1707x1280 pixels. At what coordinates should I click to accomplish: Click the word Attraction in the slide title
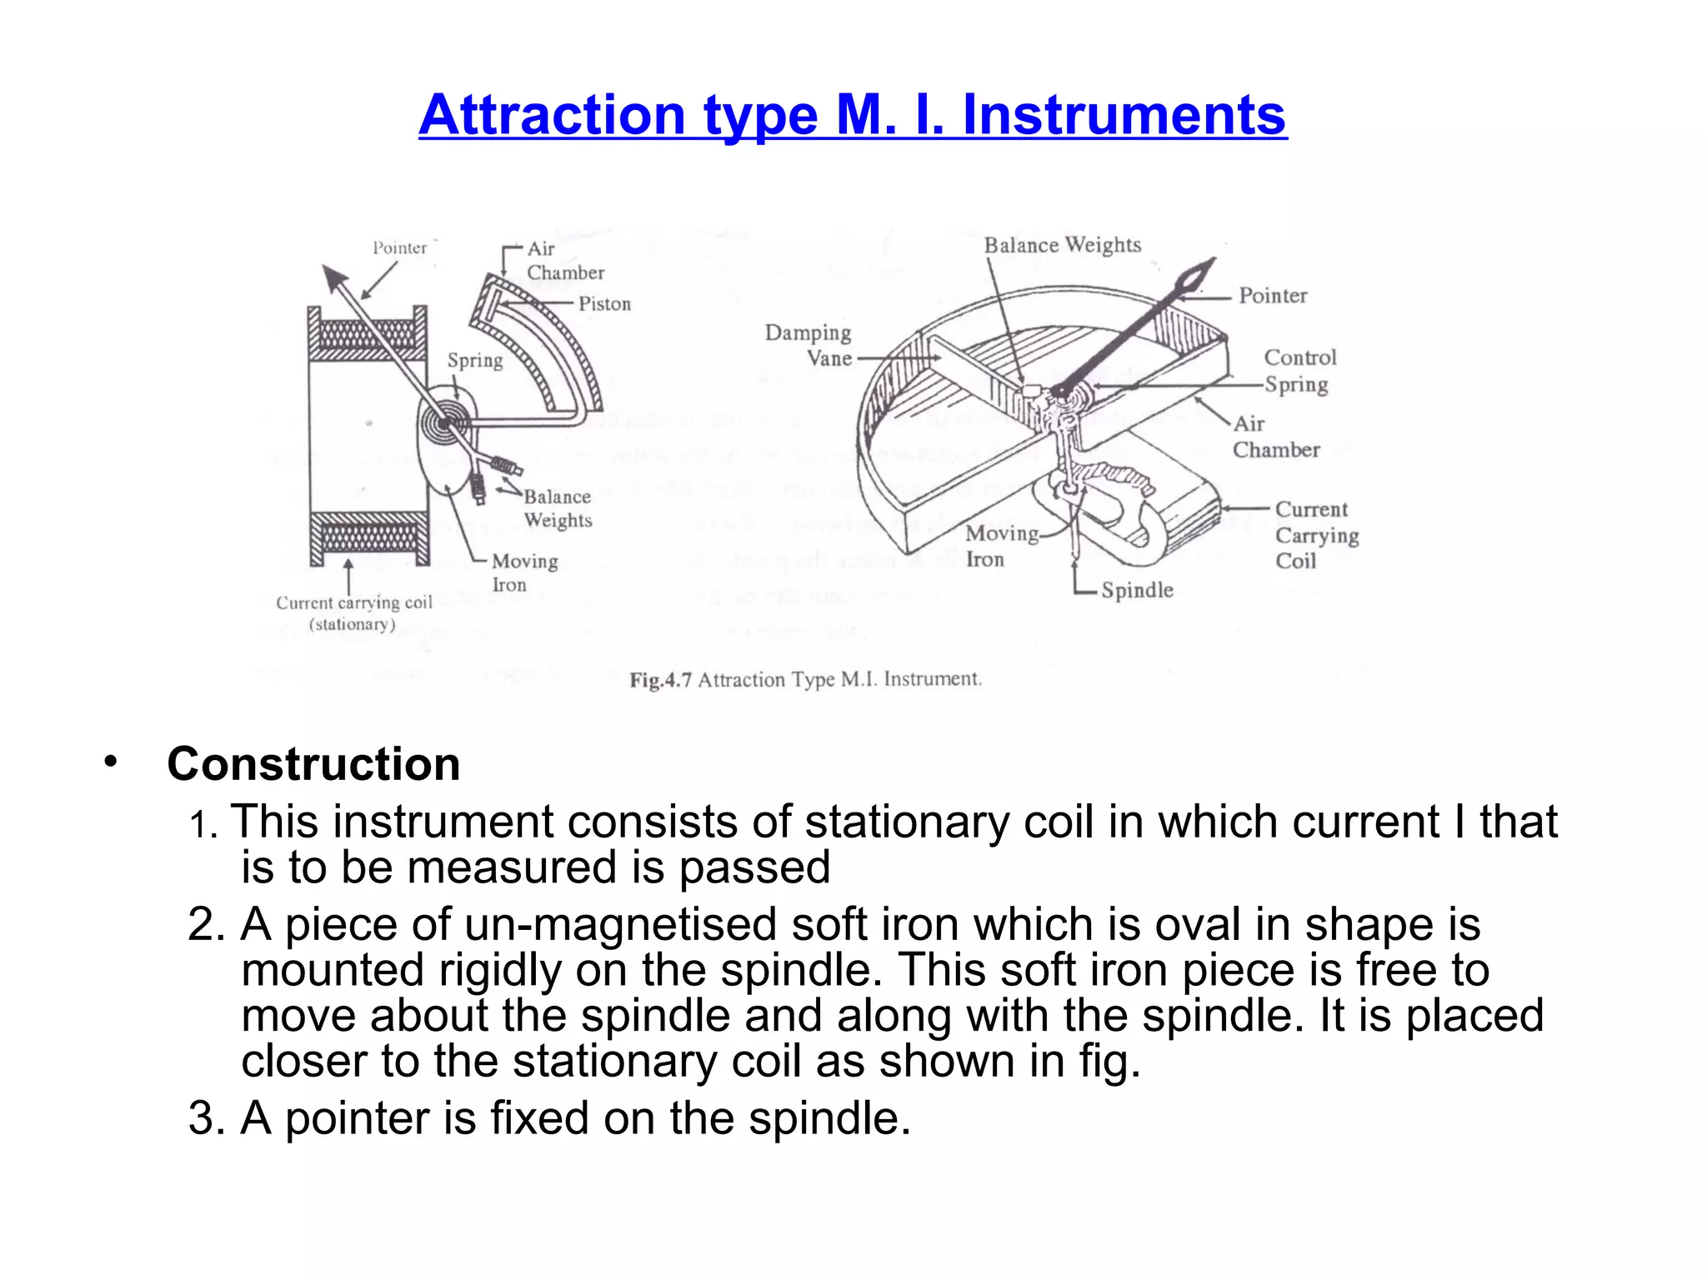(551, 115)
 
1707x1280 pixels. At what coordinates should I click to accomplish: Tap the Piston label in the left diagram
(604, 304)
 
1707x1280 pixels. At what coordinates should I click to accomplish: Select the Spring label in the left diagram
(475, 360)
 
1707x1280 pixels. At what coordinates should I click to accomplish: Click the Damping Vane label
(808, 346)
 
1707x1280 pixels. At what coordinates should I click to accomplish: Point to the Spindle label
(1137, 590)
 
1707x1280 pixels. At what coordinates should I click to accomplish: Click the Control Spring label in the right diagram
(1299, 371)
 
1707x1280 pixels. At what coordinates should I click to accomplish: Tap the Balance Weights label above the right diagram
(1062, 245)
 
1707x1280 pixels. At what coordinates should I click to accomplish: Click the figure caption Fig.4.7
(660, 680)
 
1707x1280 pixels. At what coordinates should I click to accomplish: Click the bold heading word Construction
(313, 764)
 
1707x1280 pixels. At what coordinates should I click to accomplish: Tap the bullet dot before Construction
(110, 761)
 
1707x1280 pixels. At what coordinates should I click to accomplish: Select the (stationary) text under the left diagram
(352, 625)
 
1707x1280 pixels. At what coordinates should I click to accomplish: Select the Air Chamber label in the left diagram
(564, 261)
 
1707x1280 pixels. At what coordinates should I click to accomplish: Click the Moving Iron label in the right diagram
(1000, 546)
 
